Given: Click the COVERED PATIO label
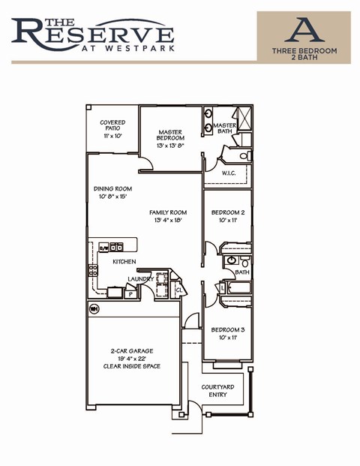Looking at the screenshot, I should [112, 126].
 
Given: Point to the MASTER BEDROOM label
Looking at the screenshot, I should [170, 135].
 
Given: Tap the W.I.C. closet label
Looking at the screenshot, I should [229, 173].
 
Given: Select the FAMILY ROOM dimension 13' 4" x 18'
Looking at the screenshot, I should [169, 221].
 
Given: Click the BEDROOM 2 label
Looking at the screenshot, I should [227, 212].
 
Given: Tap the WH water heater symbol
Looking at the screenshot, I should [95, 308].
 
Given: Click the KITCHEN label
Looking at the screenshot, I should [124, 262].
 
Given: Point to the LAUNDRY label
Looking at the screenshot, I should [140, 279].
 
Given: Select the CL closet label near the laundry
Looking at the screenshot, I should [178, 289].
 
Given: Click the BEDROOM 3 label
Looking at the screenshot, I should [227, 330].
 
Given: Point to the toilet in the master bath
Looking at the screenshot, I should [244, 155].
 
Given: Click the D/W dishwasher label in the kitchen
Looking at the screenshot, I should [104, 246].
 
